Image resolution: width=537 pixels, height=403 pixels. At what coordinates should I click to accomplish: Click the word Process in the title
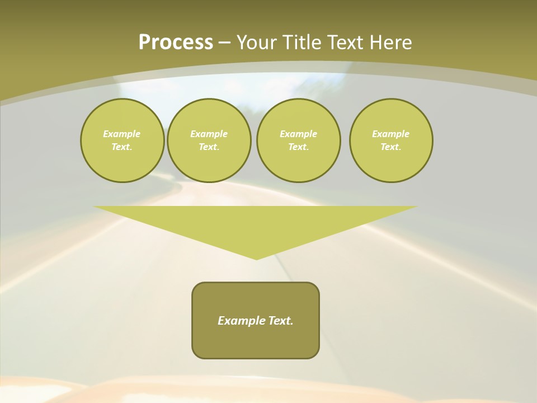pyautogui.click(x=176, y=42)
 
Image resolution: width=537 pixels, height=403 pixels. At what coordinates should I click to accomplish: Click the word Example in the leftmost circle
pyautogui.click(x=122, y=134)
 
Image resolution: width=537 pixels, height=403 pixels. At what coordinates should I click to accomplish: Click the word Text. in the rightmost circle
pyautogui.click(x=391, y=147)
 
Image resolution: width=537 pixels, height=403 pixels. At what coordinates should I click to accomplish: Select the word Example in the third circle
pyautogui.click(x=298, y=134)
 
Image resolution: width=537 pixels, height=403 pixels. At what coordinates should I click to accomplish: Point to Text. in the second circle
pyautogui.click(x=209, y=147)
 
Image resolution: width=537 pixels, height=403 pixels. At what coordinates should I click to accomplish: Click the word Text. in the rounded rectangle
pyautogui.click(x=281, y=321)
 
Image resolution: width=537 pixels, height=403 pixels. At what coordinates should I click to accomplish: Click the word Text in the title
pyautogui.click(x=343, y=43)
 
